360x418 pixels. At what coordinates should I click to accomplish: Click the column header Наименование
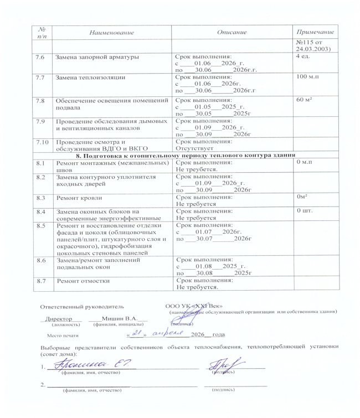tap(112, 33)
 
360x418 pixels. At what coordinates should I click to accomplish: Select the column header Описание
tap(232, 33)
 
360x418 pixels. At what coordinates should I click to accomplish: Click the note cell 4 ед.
tap(303, 56)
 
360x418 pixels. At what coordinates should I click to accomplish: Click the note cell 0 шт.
tap(304, 211)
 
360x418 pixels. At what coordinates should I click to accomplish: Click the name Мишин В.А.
tap(117, 318)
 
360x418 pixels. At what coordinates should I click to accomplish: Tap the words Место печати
tap(63, 336)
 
